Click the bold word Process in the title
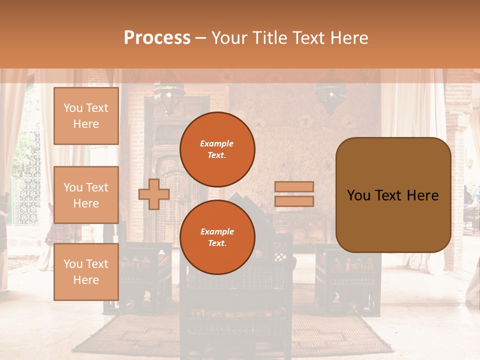157,37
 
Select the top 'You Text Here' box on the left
86,116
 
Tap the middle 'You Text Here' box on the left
86,195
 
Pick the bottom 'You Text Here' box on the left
86,272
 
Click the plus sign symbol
154,194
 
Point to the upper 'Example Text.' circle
217,149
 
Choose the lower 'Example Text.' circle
217,237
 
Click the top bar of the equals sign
294,187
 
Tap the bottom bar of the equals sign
294,201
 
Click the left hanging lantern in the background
169,95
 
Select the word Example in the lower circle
217,231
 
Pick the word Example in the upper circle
217,143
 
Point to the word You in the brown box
358,195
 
